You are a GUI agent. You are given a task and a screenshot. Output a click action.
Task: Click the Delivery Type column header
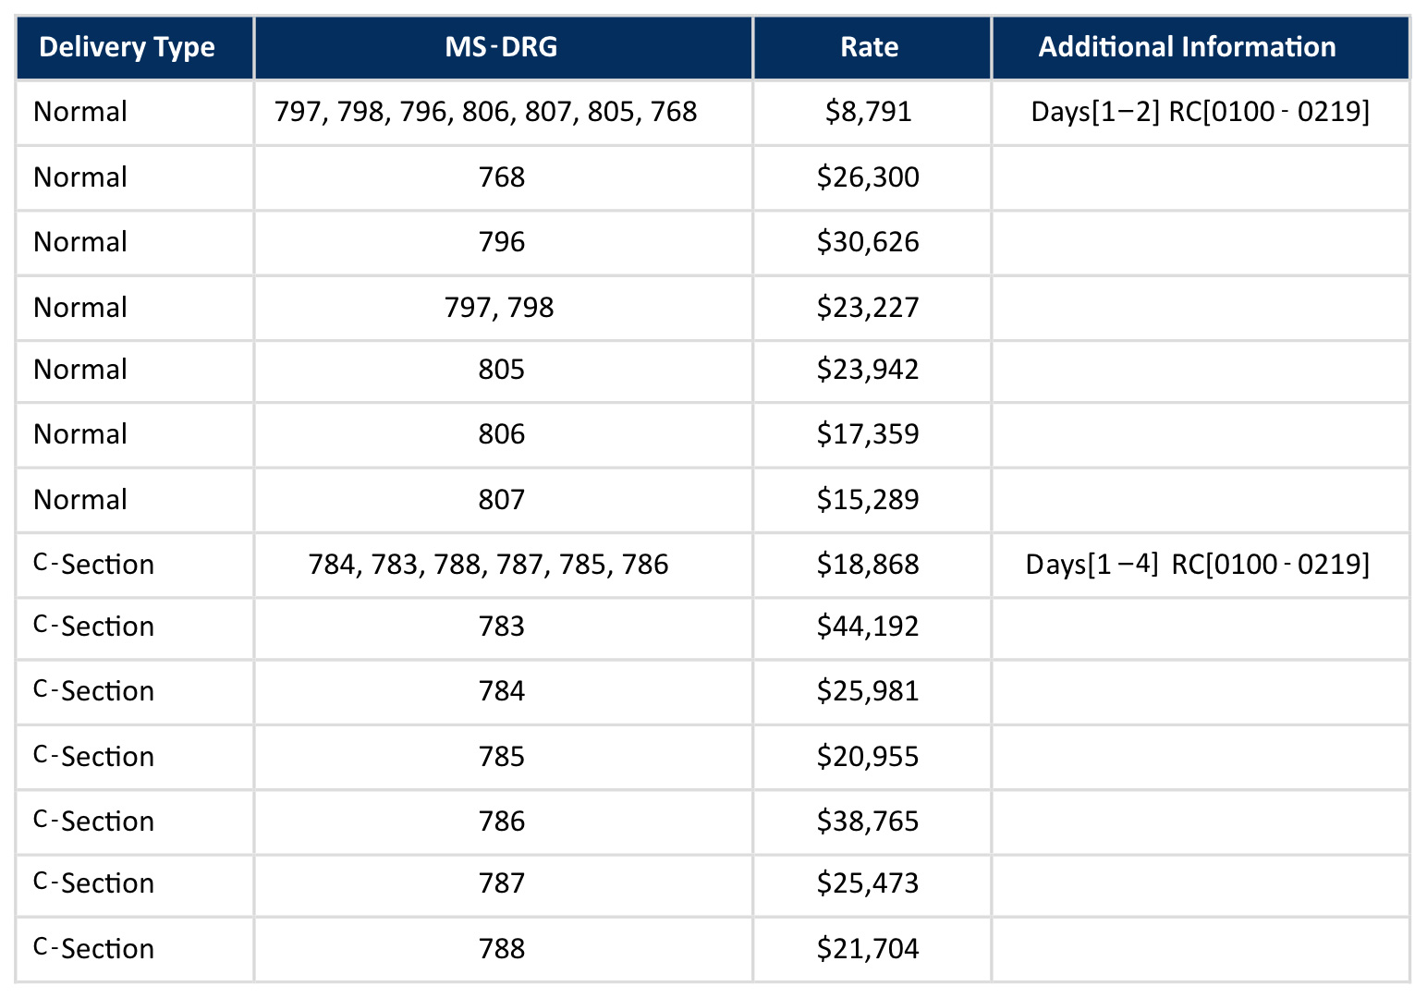(x=127, y=47)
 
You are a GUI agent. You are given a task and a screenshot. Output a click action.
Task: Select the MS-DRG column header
(x=502, y=47)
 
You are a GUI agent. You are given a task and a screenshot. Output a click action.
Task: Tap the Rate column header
(x=869, y=47)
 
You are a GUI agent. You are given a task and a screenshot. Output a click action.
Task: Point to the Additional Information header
(x=1187, y=47)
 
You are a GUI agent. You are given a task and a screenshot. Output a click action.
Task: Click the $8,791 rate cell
(x=869, y=112)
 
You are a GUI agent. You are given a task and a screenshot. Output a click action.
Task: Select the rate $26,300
(x=868, y=177)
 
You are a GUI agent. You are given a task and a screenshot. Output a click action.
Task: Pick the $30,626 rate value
(x=868, y=242)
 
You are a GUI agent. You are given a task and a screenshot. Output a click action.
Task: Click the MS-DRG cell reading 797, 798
(x=499, y=308)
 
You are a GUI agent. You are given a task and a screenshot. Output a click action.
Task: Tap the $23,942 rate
(x=868, y=370)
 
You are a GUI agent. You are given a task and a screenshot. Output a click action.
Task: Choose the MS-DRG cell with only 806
(x=502, y=434)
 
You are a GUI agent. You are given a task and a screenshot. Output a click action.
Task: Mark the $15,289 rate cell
(x=868, y=500)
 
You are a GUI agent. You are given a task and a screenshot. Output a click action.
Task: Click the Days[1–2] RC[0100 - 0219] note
(x=1200, y=112)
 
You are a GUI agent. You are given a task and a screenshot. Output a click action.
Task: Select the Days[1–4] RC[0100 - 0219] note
(x=1197, y=564)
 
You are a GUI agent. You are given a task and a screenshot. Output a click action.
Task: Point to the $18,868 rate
(x=868, y=565)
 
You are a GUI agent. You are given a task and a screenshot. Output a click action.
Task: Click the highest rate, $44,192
(x=868, y=627)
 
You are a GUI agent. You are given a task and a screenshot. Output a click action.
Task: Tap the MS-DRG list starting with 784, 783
(x=488, y=565)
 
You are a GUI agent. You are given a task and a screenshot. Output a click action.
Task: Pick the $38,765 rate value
(x=868, y=822)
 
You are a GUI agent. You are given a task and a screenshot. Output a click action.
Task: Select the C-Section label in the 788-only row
(x=94, y=949)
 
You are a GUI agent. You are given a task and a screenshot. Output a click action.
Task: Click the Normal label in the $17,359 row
(x=80, y=434)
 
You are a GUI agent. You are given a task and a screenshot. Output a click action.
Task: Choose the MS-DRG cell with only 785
(x=502, y=757)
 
